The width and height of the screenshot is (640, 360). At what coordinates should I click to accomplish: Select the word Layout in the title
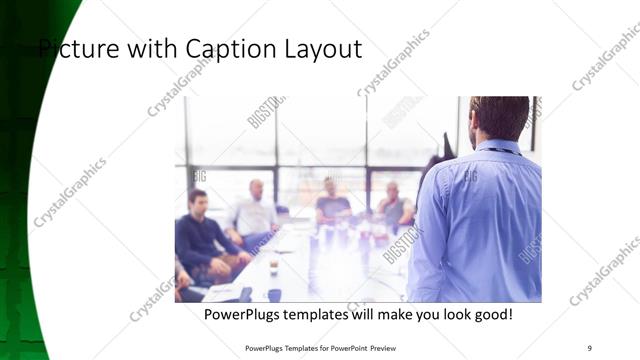click(323, 49)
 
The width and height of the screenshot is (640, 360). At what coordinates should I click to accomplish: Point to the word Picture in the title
click(80, 49)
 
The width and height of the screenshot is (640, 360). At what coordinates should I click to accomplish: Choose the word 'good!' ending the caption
click(491, 314)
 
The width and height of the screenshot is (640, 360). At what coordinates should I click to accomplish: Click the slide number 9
click(589, 347)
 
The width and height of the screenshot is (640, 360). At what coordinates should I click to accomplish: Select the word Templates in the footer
click(296, 347)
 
